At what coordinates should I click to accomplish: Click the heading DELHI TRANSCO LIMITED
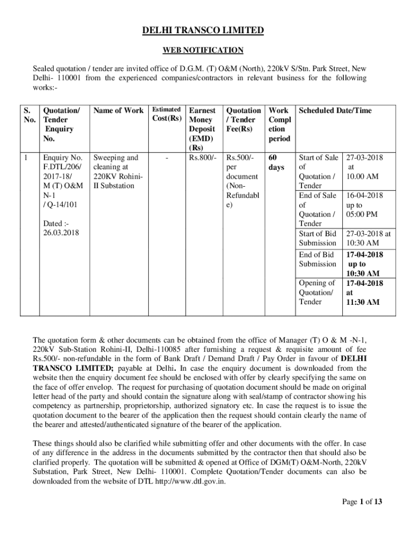203,31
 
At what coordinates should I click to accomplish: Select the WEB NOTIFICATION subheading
203,51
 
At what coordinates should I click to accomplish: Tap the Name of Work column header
118,111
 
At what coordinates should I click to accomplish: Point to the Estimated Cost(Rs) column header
167,114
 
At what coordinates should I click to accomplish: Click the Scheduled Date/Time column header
335,111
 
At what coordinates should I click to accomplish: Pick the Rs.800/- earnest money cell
202,158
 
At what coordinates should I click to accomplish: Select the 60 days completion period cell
276,162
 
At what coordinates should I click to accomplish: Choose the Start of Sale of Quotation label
318,171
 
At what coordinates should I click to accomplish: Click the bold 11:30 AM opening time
362,302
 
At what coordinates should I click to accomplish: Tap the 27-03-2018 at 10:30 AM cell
368,238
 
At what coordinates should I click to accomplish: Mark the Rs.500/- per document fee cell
242,181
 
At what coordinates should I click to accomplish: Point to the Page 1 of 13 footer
361,502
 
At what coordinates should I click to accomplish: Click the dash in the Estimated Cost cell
167,158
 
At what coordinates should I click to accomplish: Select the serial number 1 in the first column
26,158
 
